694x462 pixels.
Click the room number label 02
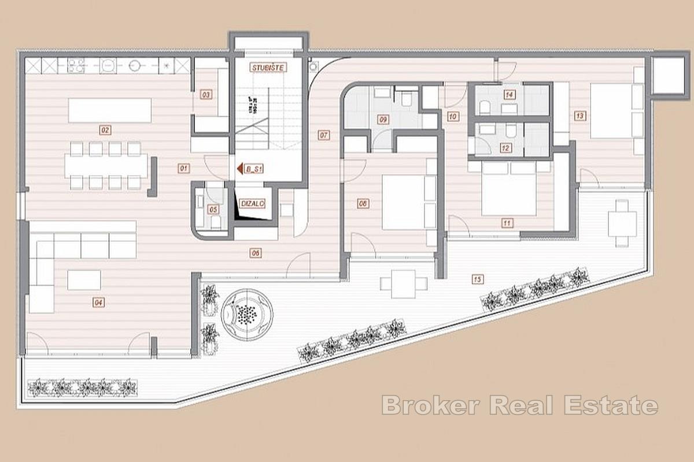pyautogui.click(x=105, y=130)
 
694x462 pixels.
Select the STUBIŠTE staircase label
pyautogui.click(x=268, y=68)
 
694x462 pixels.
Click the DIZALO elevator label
pyautogui.click(x=253, y=203)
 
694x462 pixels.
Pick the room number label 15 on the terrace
pyautogui.click(x=477, y=280)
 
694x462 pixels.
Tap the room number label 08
pyautogui.click(x=363, y=203)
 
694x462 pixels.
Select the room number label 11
pyautogui.click(x=507, y=222)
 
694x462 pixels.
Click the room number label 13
pyautogui.click(x=579, y=115)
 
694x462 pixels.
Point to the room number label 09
pyautogui.click(x=382, y=120)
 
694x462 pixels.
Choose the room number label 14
pyautogui.click(x=509, y=95)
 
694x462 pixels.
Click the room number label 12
pyautogui.click(x=506, y=148)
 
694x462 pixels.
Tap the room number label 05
pyautogui.click(x=213, y=209)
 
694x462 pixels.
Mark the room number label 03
pyautogui.click(x=205, y=95)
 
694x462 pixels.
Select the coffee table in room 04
pyautogui.click(x=84, y=280)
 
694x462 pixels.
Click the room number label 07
pyautogui.click(x=323, y=136)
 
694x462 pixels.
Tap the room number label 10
pyautogui.click(x=453, y=116)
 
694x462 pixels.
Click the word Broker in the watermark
pyautogui.click(x=431, y=405)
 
